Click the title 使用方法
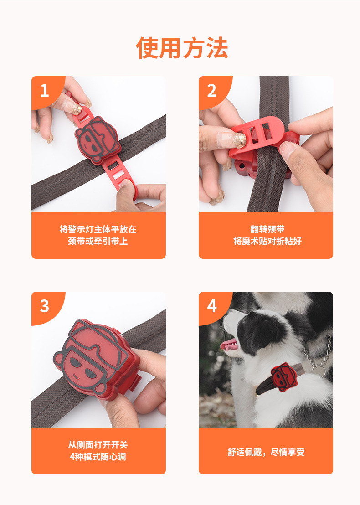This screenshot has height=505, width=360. pyautogui.click(x=182, y=48)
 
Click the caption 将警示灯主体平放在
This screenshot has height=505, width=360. pyautogui.click(x=98, y=229)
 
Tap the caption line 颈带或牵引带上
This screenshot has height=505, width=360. pyautogui.click(x=98, y=241)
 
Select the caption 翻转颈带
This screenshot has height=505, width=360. pyautogui.click(x=267, y=229)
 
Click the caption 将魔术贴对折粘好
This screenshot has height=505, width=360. pyautogui.click(x=267, y=241)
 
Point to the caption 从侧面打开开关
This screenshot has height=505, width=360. pyautogui.click(x=98, y=445)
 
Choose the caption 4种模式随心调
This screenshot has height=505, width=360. pyautogui.click(x=98, y=457)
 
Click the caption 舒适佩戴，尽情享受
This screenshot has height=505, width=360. pyautogui.click(x=266, y=452)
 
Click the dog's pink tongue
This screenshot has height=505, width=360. pyautogui.click(x=229, y=345)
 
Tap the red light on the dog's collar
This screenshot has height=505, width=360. pyautogui.click(x=283, y=377)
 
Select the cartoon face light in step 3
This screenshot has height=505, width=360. pyautogui.click(x=95, y=359)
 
